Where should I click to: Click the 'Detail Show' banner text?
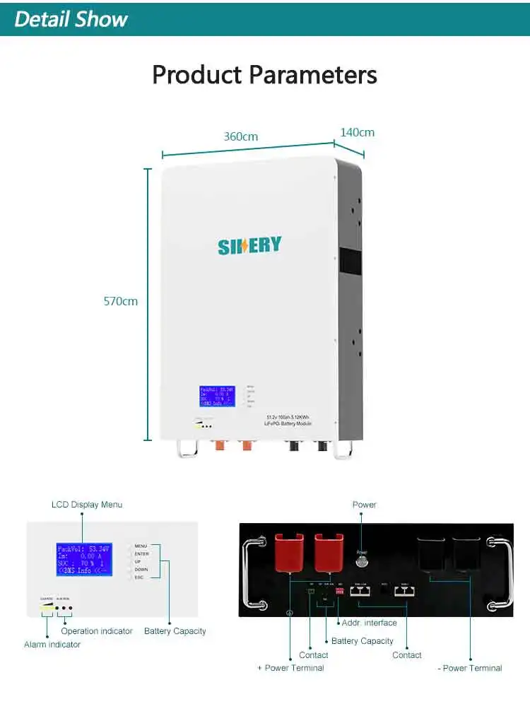tap(71, 19)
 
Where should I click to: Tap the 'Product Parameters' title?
tap(264, 74)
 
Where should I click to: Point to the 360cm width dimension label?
tap(241, 136)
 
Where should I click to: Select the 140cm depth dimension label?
tap(357, 132)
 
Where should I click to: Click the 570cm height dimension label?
tap(121, 301)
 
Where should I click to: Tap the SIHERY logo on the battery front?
tap(249, 246)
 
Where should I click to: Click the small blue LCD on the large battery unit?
tap(217, 397)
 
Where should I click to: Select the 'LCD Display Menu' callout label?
tap(87, 505)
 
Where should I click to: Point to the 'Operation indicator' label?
tap(97, 631)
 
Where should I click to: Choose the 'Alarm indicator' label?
tap(52, 645)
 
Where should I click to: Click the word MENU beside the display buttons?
tap(141, 546)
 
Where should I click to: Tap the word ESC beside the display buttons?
tap(139, 577)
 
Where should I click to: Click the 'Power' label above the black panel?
tap(365, 505)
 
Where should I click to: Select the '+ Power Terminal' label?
tap(290, 668)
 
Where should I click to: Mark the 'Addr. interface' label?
tap(369, 623)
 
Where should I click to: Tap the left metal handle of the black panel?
tap(253, 573)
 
